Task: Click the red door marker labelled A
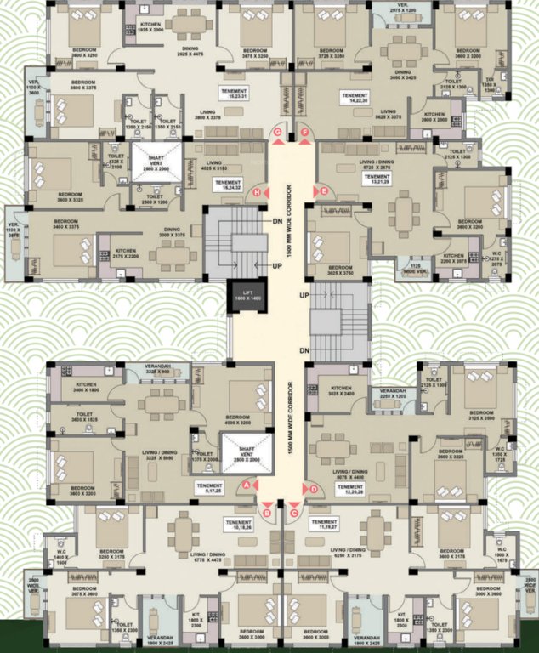247,485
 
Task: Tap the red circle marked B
267,512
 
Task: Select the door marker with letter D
314,488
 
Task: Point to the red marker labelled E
324,192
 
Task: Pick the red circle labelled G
277,133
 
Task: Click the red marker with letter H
256,194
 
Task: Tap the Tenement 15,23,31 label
232,94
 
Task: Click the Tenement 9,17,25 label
207,488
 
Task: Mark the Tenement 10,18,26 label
239,525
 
